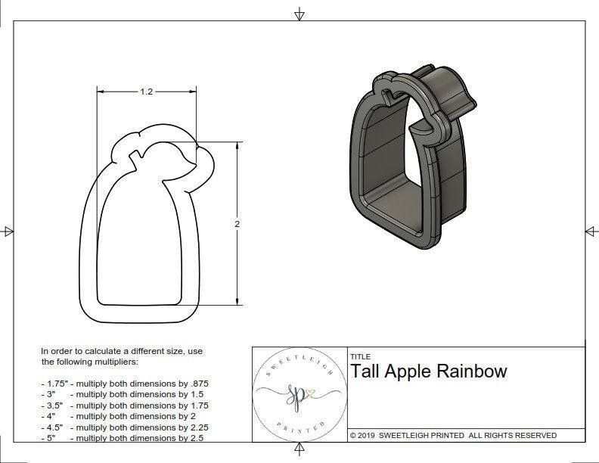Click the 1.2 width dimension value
coord(147,92)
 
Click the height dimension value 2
coord(237,225)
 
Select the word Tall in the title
coord(365,371)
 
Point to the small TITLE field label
coord(360,357)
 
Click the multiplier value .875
coord(197,384)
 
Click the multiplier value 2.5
coord(194,438)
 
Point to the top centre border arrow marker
coord(299,13)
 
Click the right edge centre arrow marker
coord(590,231)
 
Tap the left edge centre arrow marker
coord(8,231)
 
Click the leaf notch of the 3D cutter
coord(392,96)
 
